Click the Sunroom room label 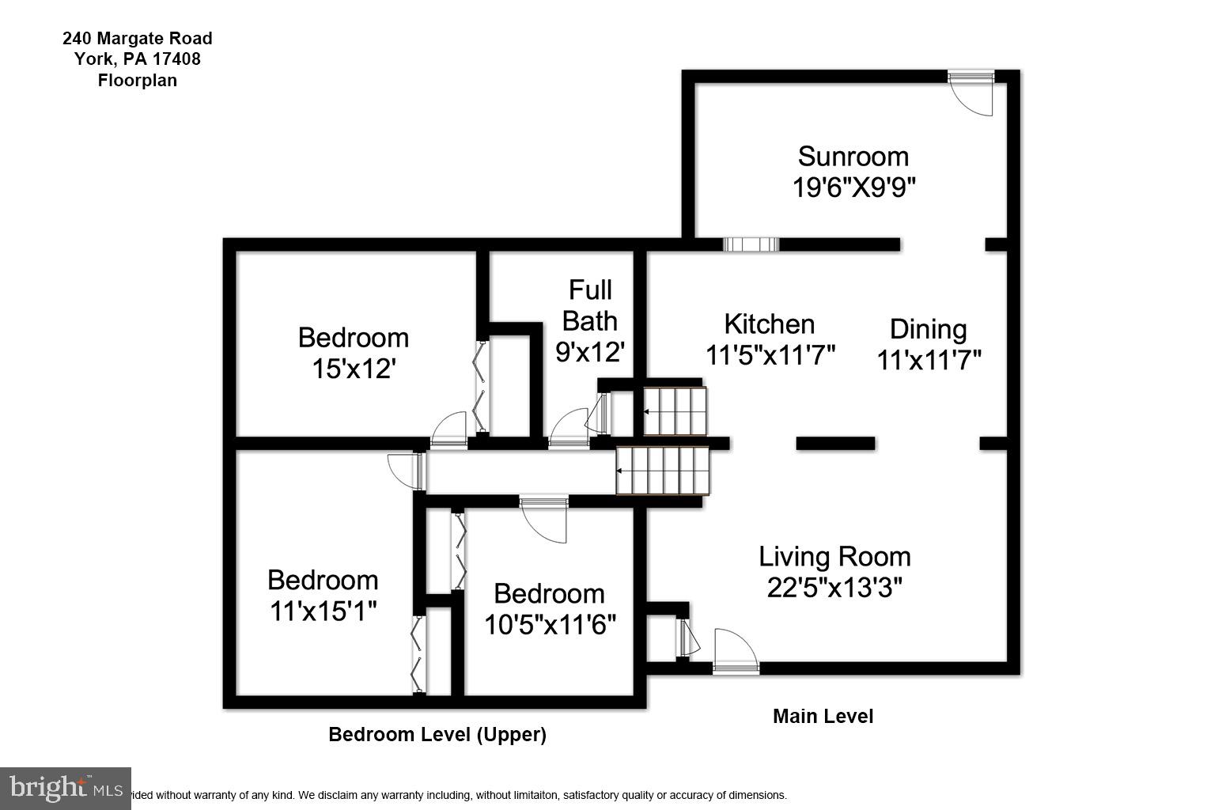[853, 157]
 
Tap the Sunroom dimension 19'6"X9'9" [853, 187]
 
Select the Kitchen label [769, 324]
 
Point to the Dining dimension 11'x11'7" [929, 360]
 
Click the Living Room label [834, 557]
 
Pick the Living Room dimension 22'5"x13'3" [834, 588]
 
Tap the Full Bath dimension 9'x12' [590, 352]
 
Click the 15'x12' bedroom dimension [354, 369]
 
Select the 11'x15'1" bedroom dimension [323, 611]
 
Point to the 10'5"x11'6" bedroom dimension [550, 625]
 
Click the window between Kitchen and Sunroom [751, 244]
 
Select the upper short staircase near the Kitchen [675, 411]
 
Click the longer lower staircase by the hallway [663, 471]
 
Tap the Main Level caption [823, 716]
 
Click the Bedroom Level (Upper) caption [437, 735]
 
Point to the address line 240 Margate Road [138, 38]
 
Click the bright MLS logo [65, 789]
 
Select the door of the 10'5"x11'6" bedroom [544, 520]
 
